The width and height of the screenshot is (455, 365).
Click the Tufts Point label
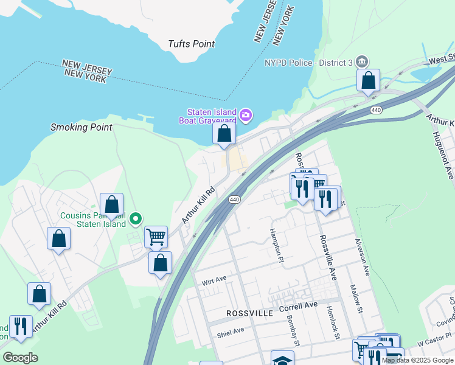[x=192, y=44]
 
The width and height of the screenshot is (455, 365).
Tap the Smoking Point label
[x=82, y=127]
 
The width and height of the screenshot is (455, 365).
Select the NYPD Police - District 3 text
[x=308, y=62]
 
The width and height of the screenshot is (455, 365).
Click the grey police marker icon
[x=363, y=61]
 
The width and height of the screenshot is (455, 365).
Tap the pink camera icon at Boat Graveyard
[x=246, y=114]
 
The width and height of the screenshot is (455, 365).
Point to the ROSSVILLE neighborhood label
[x=249, y=313]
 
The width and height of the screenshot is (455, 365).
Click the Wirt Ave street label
[x=214, y=280]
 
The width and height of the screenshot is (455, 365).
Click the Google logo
[x=20, y=358]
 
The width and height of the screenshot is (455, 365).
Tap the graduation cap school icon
[x=282, y=359]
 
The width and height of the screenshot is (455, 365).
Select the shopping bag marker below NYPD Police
[x=369, y=81]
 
